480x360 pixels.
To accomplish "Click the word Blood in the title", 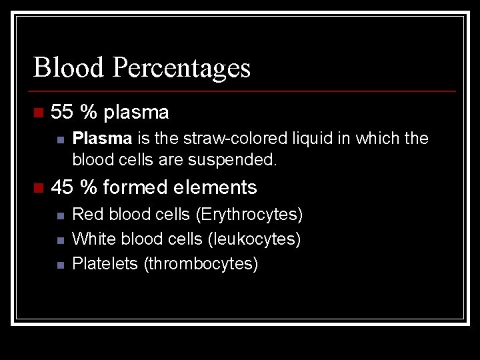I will [69, 67].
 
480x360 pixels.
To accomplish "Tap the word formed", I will [136, 187].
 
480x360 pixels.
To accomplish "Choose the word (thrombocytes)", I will [201, 263].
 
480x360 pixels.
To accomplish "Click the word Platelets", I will [105, 263].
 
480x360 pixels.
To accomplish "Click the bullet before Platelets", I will [60, 264].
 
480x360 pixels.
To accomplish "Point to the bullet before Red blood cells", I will [60, 215].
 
